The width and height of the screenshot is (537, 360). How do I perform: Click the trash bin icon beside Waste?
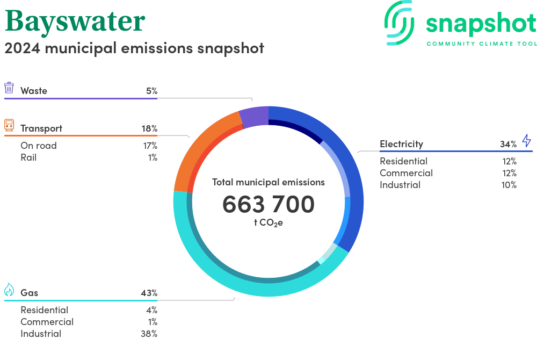click(x=9, y=88)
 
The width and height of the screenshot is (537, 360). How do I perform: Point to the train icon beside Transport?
click(x=9, y=126)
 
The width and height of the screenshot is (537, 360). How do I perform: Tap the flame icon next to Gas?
click(x=9, y=290)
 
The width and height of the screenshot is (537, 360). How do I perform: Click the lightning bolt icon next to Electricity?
click(x=526, y=141)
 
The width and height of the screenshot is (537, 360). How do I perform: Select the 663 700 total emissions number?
click(x=268, y=204)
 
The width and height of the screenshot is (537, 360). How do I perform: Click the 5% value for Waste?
click(x=151, y=91)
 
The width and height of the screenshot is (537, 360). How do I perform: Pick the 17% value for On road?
click(x=150, y=146)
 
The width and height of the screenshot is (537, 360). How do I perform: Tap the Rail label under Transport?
click(x=28, y=157)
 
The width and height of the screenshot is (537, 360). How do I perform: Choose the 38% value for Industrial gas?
click(x=150, y=334)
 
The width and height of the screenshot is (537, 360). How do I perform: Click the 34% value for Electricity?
click(x=508, y=144)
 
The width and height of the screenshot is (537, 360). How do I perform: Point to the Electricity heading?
click(x=401, y=144)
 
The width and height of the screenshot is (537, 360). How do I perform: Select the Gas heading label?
click(x=29, y=293)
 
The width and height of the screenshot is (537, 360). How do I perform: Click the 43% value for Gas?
click(x=149, y=293)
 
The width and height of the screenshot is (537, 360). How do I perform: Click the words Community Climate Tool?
click(x=481, y=44)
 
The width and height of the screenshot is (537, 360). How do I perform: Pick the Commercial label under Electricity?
click(x=406, y=173)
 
